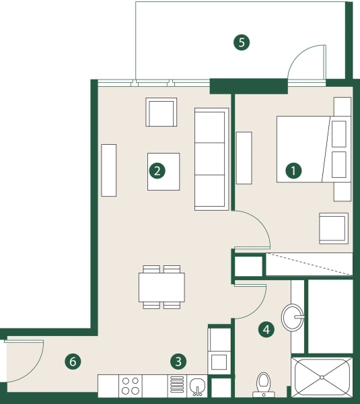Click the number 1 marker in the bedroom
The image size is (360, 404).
[293, 170]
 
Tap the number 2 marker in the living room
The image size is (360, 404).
[157, 171]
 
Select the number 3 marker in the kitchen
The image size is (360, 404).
[178, 362]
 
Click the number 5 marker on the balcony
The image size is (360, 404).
[241, 42]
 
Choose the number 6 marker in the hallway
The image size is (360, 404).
[73, 362]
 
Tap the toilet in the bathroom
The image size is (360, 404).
[263, 384]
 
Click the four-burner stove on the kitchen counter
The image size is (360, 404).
[130, 386]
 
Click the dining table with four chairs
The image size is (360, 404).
[161, 287]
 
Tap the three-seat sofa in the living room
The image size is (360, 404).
[211, 160]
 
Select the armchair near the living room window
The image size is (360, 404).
[161, 112]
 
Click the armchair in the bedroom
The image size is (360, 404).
[333, 228]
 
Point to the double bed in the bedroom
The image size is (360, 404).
[313, 149]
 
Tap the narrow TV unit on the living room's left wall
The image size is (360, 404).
[109, 170]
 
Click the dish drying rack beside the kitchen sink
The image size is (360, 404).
[177, 386]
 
